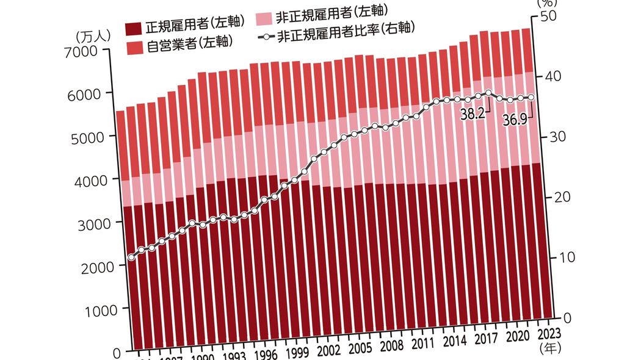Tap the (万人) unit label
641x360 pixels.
93,35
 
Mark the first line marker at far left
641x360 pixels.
131,257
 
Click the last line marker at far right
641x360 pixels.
531,98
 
